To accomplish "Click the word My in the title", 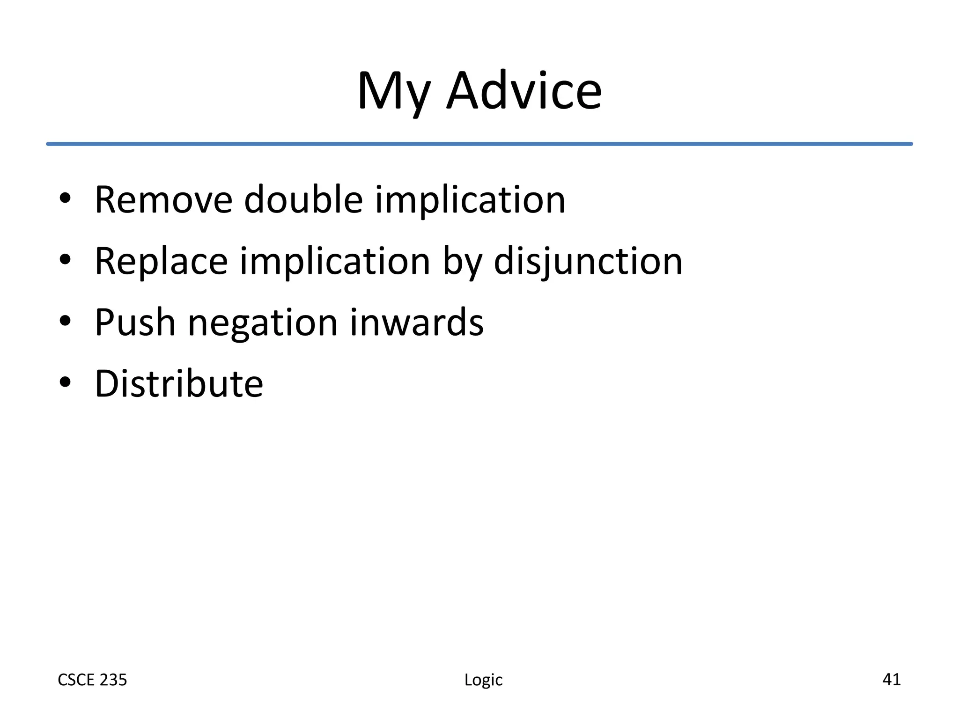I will click(393, 91).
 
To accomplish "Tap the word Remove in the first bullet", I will click(163, 200).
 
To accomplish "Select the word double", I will click(303, 200).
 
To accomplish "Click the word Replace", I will click(161, 261).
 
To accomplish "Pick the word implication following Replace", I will click(335, 261).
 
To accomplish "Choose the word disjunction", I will click(588, 261).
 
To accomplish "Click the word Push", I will click(135, 323).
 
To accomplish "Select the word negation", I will click(262, 323).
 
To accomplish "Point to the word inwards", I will click(417, 323).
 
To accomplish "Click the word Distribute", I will click(179, 384).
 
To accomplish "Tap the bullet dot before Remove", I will click(65, 198).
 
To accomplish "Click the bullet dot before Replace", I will click(65, 259).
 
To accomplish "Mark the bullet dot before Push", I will click(65, 321).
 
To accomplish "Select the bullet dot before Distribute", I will click(65, 382).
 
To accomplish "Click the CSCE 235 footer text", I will click(92, 680).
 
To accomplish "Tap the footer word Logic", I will click(483, 680).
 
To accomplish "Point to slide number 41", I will click(891, 679).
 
